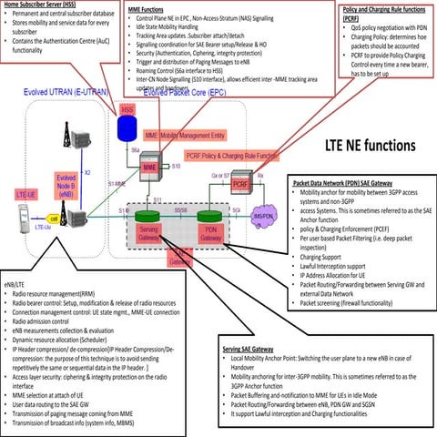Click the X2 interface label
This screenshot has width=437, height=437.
tap(87, 170)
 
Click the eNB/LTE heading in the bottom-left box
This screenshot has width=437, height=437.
tap(16, 273)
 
